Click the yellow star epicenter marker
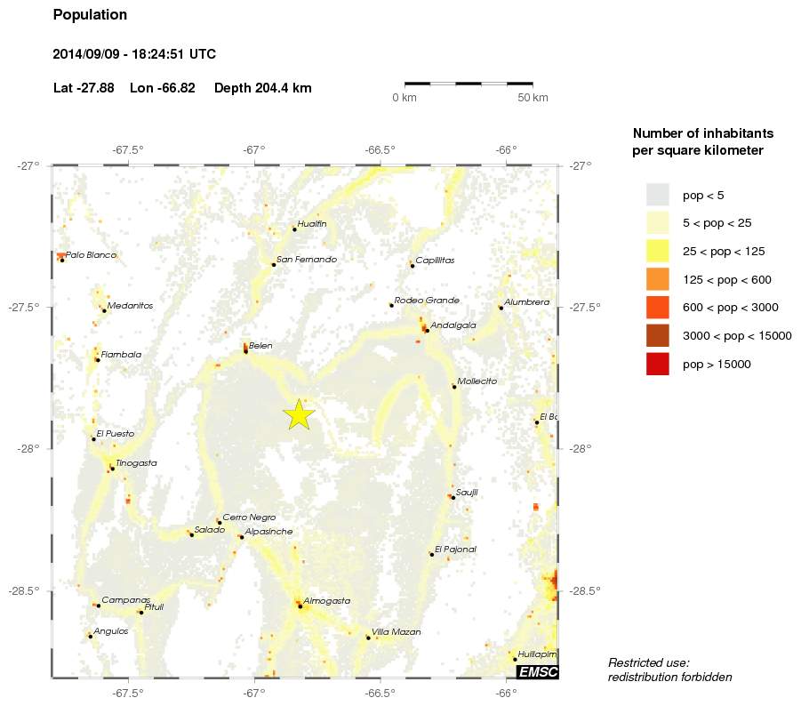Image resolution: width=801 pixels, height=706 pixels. point(300,414)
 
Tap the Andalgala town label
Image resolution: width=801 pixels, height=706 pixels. point(453,325)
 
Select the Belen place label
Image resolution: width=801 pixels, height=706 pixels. point(260,346)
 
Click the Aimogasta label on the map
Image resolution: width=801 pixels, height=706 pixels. point(326,601)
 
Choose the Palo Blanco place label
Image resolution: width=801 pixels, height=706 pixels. point(91,255)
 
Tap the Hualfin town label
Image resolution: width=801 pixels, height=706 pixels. point(312,224)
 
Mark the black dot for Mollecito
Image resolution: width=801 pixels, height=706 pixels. point(454,387)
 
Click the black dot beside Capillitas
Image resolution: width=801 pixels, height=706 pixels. point(413,265)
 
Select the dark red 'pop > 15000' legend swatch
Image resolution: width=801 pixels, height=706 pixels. point(657,364)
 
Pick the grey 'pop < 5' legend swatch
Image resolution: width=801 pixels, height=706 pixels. point(657,194)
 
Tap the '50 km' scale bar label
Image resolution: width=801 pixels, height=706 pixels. point(533,97)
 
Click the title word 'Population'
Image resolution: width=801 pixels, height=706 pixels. point(90,15)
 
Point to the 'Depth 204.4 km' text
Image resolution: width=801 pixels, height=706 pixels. point(263,88)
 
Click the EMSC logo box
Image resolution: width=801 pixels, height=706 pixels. point(537,671)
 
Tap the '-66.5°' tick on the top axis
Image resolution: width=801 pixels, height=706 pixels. point(380,148)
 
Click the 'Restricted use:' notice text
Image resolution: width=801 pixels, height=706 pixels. point(649,662)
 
